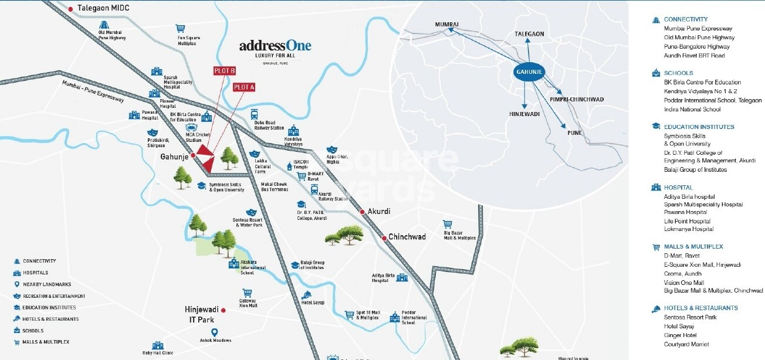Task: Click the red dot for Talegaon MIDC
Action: click(x=71, y=9)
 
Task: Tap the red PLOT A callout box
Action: click(x=244, y=87)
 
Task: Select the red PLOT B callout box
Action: click(x=224, y=71)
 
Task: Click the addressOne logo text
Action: click(x=275, y=46)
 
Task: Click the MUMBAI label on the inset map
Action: click(x=446, y=24)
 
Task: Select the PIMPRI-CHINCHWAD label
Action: click(x=577, y=100)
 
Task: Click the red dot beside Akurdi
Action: click(x=362, y=211)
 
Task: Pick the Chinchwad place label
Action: click(x=407, y=237)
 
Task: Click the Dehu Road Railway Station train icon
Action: click(x=255, y=114)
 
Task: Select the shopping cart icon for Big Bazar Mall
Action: click(x=448, y=223)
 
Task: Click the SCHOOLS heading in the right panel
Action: click(x=678, y=73)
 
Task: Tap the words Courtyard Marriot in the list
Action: click(x=686, y=344)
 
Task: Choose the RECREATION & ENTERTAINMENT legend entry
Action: click(x=54, y=296)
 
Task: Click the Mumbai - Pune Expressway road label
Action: click(x=93, y=92)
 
